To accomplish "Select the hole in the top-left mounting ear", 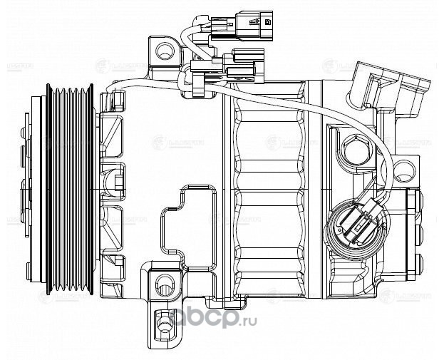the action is tap(165, 50).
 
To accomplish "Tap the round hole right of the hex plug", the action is tap(404, 170).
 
